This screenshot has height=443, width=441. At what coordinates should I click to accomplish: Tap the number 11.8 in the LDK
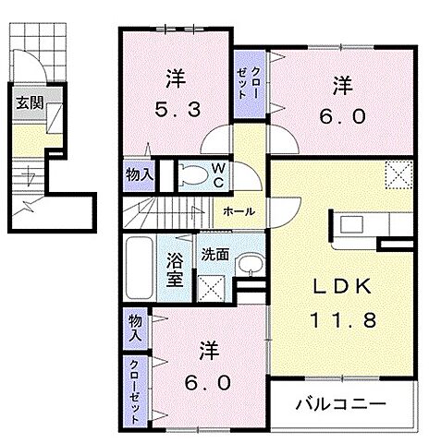pyautogui.click(x=337, y=321)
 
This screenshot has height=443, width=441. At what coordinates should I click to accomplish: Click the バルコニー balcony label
pyautogui.click(x=340, y=402)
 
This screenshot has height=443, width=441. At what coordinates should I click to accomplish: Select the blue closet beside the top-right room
pyautogui.click(x=247, y=82)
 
